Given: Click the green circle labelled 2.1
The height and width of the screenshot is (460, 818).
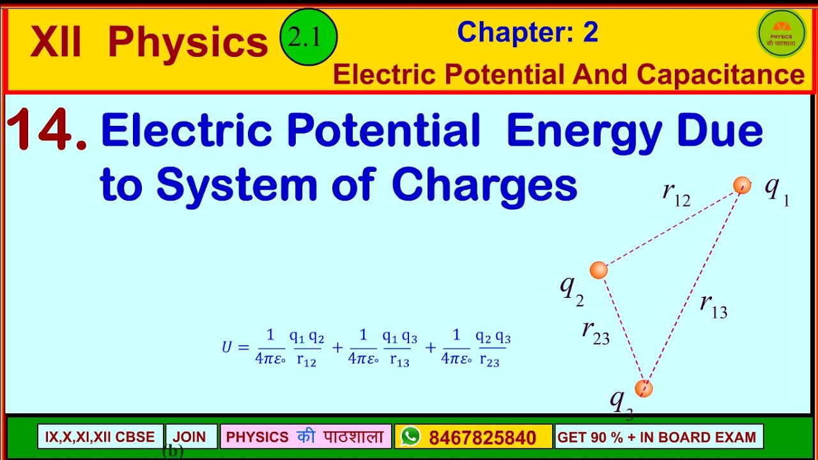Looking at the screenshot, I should click(x=309, y=39).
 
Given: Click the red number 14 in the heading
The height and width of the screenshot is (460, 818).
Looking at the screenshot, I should click(x=46, y=131).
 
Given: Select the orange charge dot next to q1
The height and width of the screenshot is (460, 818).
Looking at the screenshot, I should click(x=742, y=185).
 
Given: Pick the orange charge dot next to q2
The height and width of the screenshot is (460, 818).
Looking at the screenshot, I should click(x=598, y=270).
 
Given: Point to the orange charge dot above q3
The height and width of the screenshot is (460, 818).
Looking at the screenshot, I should click(x=644, y=388).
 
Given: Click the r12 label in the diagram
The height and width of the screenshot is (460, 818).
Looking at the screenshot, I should click(x=676, y=194).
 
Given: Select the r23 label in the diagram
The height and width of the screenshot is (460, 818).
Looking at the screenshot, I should click(x=596, y=332).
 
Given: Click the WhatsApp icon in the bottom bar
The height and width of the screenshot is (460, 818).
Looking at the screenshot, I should click(x=410, y=437).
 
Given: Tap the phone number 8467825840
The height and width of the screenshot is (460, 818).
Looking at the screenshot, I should click(x=482, y=438).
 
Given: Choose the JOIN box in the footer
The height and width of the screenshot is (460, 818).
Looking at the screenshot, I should click(x=190, y=437).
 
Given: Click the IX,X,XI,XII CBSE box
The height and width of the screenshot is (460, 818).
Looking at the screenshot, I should click(x=100, y=437).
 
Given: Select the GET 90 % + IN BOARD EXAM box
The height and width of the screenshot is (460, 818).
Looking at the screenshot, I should click(x=658, y=437).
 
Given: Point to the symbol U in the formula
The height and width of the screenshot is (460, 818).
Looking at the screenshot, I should click(x=227, y=347).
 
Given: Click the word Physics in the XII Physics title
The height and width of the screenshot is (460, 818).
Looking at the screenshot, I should click(x=188, y=42).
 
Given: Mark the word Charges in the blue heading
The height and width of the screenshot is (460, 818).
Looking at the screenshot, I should click(x=484, y=185).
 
